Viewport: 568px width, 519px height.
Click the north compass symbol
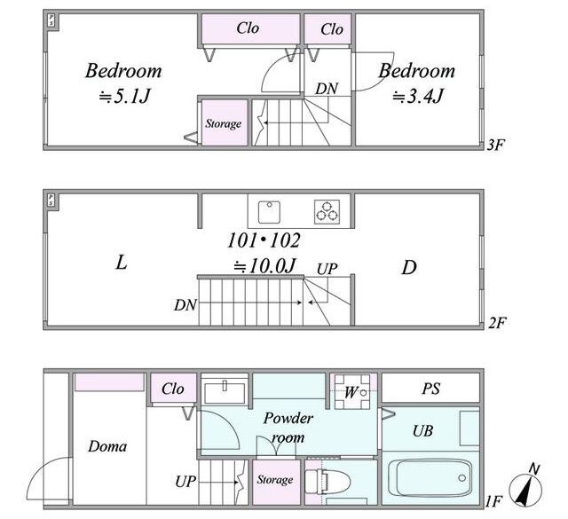point(525,488)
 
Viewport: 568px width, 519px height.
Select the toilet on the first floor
point(327,482)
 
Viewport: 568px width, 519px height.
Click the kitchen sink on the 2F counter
point(269,212)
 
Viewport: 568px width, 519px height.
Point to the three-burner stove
point(327,211)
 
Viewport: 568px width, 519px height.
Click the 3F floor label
point(495,145)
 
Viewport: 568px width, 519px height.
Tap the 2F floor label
point(497,323)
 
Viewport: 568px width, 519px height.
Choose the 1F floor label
point(493,501)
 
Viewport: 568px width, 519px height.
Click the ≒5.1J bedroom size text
point(124,97)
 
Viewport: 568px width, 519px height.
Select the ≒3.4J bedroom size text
point(418,97)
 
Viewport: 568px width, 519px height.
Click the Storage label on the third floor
point(224,124)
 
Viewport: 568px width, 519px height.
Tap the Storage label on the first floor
point(275,480)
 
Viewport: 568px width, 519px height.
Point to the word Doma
point(107,446)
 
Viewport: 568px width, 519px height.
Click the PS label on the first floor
point(430,389)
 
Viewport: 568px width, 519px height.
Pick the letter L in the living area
point(122,263)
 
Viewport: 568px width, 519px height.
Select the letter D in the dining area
point(409,267)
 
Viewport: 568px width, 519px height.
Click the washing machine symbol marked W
point(352,391)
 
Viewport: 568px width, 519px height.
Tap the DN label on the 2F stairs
point(185,305)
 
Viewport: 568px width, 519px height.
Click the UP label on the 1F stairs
point(185,482)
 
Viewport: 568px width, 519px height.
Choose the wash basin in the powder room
point(225,390)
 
